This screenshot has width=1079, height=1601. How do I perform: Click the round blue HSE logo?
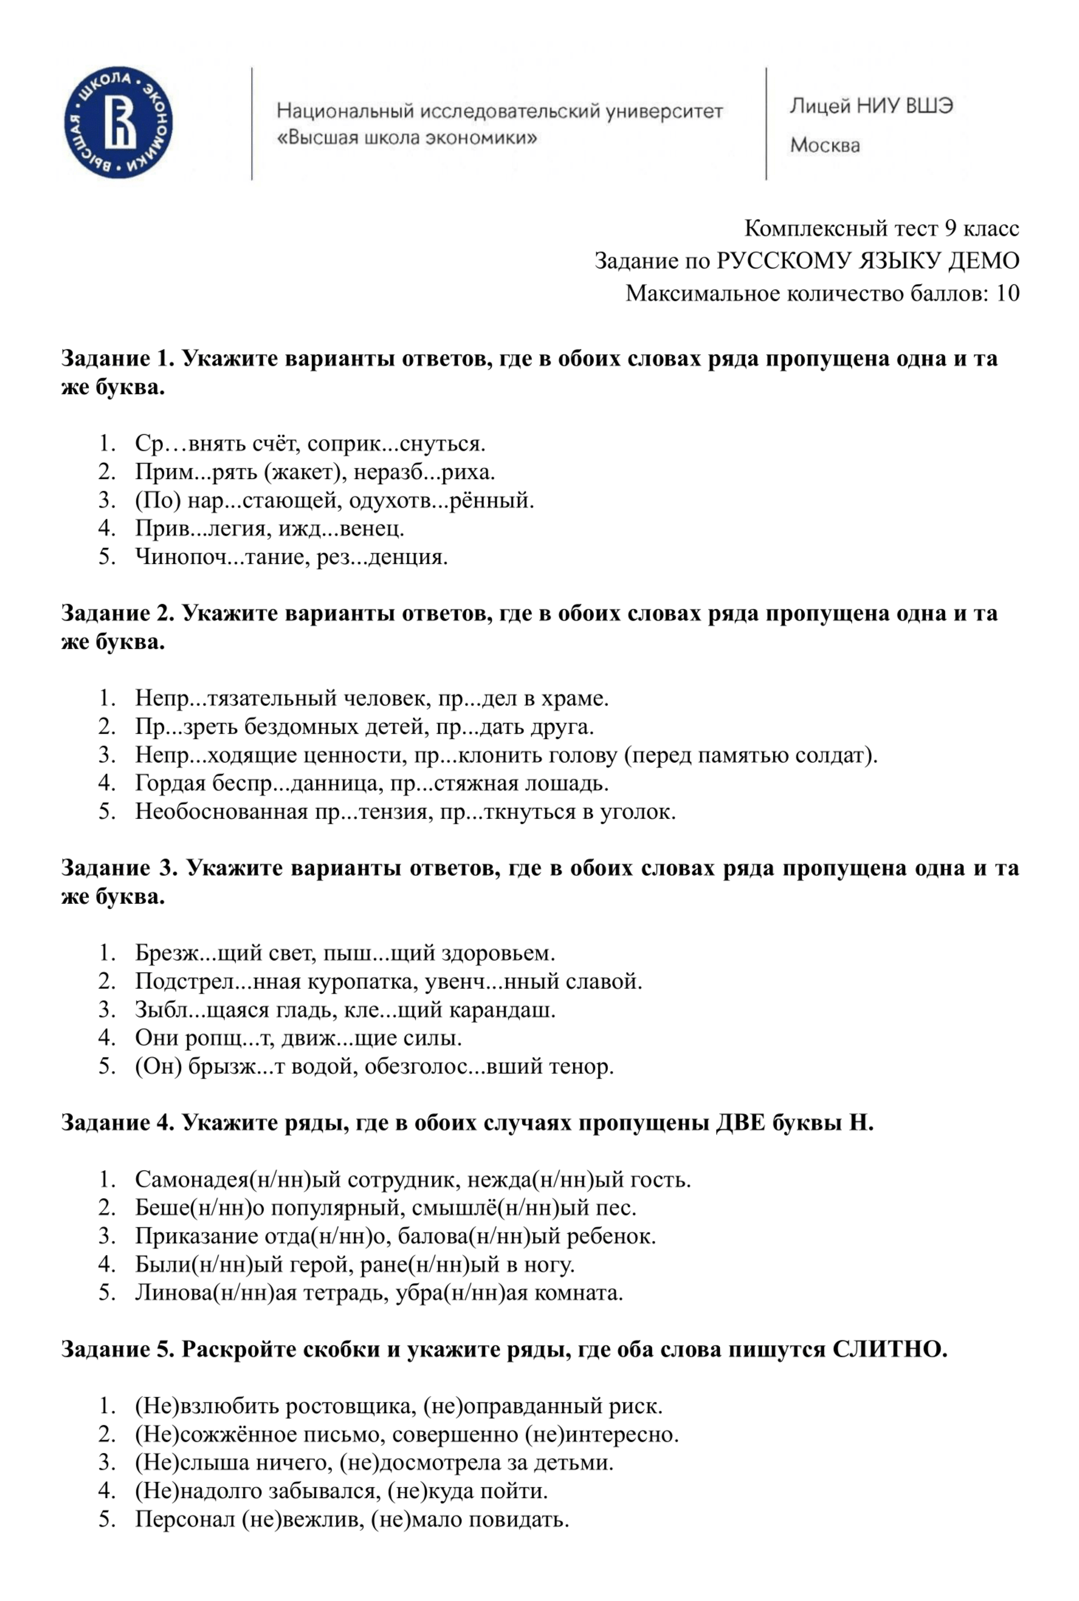pyautogui.click(x=118, y=122)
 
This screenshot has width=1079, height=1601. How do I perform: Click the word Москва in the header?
pyautogui.click(x=825, y=145)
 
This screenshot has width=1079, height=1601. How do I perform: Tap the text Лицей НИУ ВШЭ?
pyautogui.click(x=871, y=106)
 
